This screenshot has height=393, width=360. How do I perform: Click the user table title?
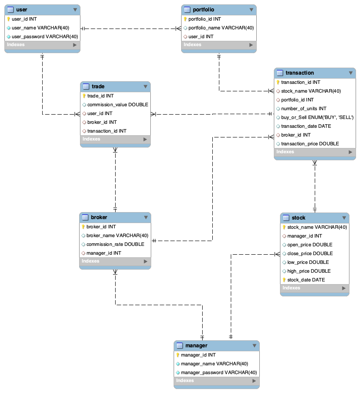pyautogui.click(x=21, y=9)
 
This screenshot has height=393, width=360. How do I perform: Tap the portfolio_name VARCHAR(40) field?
pyautogui.click(x=221, y=28)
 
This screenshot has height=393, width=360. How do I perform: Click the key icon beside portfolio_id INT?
pyautogui.click(x=185, y=19)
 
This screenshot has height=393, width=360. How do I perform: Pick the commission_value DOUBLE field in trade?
pyautogui.click(x=117, y=105)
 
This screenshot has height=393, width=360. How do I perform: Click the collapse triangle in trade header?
pyautogui.click(x=145, y=87)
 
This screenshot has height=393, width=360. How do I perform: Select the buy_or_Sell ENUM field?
pyautogui.click(x=317, y=117)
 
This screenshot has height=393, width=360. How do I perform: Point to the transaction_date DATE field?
pyautogui.click(x=306, y=126)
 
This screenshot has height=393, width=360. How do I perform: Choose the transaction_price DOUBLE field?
pyautogui.click(x=310, y=144)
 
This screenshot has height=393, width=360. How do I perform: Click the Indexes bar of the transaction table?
pyautogui.click(x=314, y=152)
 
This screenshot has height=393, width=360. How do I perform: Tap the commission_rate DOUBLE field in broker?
pyautogui.click(x=115, y=244)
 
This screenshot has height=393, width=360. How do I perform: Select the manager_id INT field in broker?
pyautogui.click(x=104, y=253)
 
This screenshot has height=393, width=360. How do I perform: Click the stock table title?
pyautogui.click(x=298, y=218)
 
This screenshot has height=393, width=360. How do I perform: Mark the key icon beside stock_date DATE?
pyautogui.click(x=284, y=280)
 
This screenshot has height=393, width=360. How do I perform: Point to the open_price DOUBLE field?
pyautogui.click(x=309, y=245)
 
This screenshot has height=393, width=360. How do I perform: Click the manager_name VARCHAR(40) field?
pyautogui.click(x=215, y=364)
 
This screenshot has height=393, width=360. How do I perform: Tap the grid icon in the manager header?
pyautogui.click(x=179, y=346)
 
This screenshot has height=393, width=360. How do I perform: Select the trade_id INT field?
pyautogui.click(x=100, y=96)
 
